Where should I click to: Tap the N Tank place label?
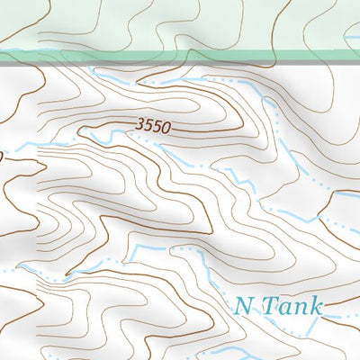[278, 306]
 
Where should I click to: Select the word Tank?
[292, 306]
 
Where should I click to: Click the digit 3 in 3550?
[141, 127]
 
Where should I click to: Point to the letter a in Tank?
[285, 308]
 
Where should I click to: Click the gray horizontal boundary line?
[180, 63]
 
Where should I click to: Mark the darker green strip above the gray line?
[180, 55]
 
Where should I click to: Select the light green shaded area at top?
[90, 22]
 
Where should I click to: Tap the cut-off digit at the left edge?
[2, 157]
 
